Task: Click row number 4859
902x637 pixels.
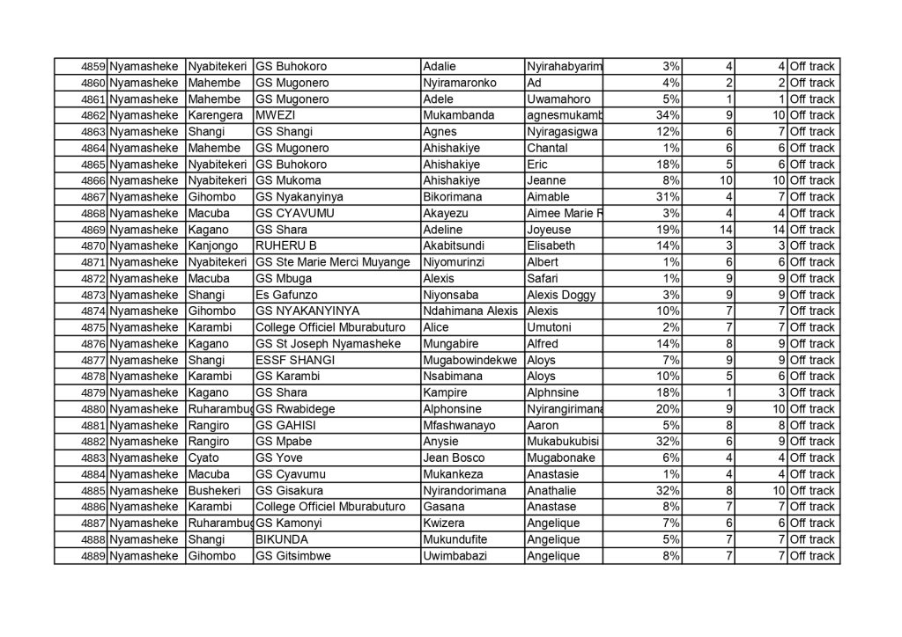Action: point(92,67)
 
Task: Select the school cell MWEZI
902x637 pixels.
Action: point(270,115)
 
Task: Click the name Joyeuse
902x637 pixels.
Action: point(548,230)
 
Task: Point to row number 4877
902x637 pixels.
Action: point(92,360)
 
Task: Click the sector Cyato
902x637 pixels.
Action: point(203,458)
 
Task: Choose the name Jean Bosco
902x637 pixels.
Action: point(455,458)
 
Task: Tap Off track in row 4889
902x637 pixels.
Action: point(811,556)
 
